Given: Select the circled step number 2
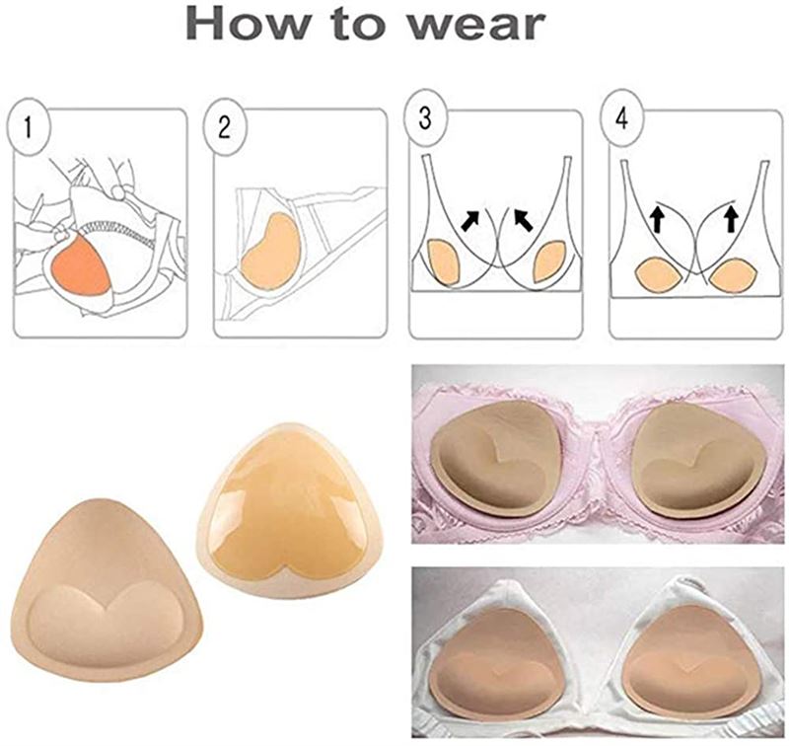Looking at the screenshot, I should point(225,126).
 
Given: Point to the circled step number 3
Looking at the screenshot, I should point(425,117).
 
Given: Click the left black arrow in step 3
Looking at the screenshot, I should point(473,217).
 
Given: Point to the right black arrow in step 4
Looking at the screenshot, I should point(731,217).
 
